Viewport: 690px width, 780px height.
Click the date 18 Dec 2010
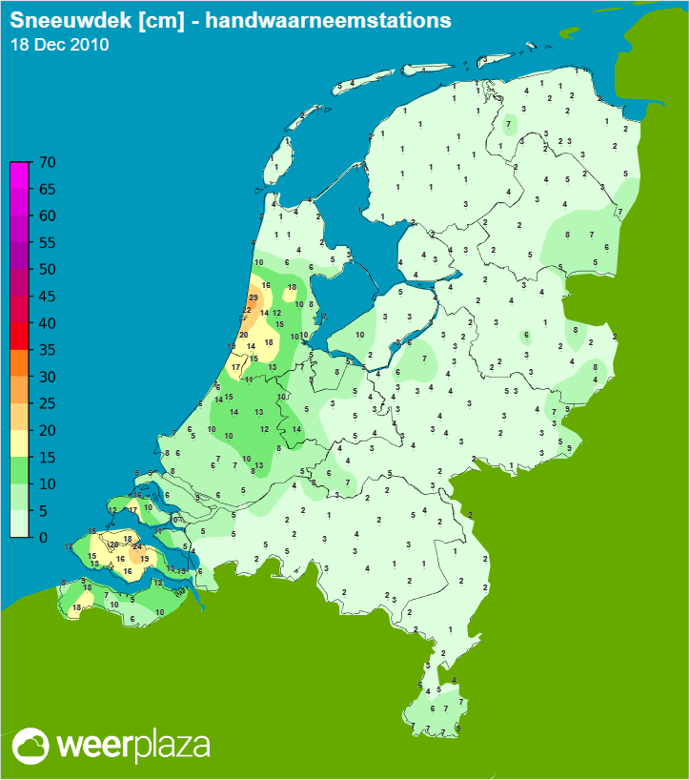59,45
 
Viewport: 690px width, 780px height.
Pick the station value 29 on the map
253,298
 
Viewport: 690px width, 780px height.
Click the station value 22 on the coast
246,311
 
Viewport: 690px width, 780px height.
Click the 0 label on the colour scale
43,537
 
